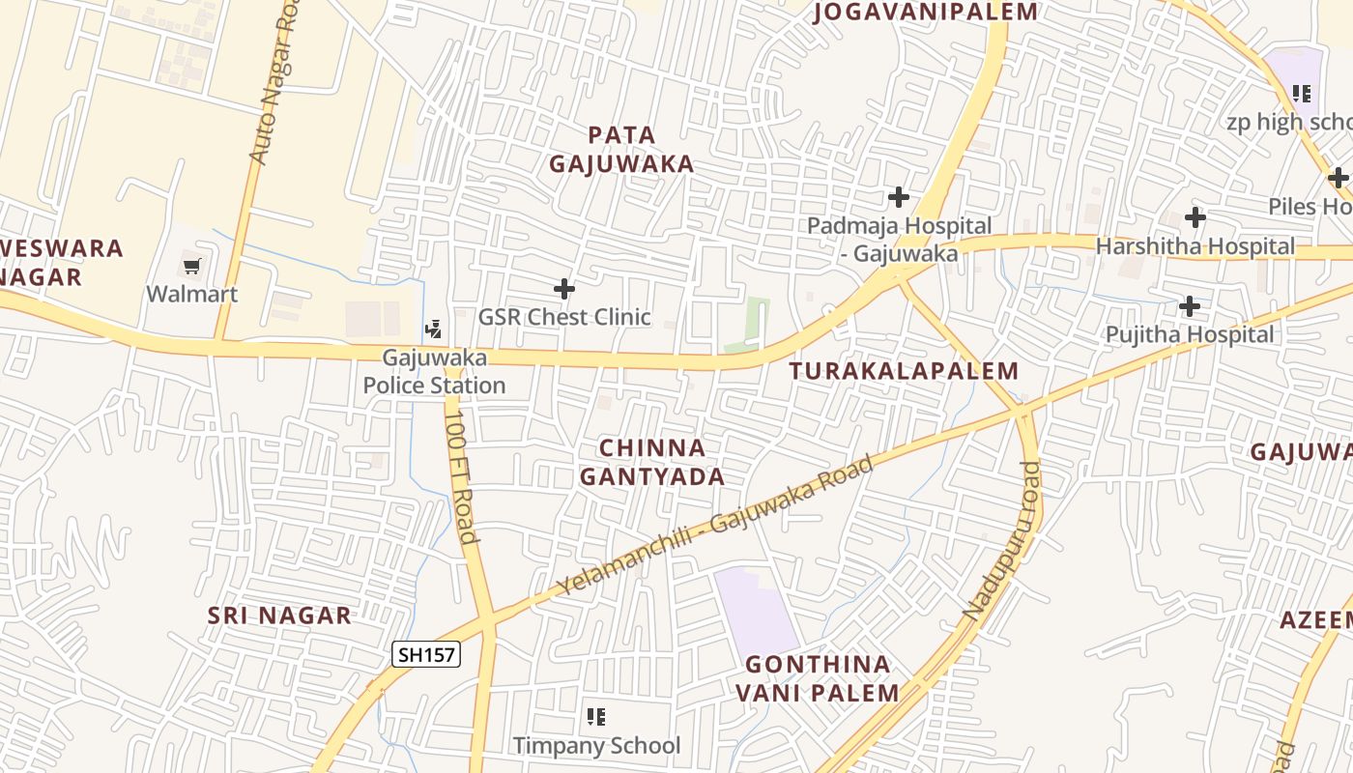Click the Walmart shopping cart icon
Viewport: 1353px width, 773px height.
pos(191,265)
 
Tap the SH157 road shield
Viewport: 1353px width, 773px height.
pos(426,654)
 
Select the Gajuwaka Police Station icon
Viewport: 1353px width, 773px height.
pos(433,329)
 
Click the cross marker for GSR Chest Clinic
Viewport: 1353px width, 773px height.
pos(564,289)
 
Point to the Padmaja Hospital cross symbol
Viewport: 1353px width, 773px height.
pos(899,197)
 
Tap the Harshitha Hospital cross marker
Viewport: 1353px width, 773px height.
pos(1195,217)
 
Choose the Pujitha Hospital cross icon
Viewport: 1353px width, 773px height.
pos(1190,306)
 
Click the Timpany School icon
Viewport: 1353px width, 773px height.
pos(596,717)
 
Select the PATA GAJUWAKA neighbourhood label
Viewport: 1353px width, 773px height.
pos(621,149)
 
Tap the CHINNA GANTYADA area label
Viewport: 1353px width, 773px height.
pos(651,462)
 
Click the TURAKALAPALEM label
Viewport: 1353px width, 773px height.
pos(904,371)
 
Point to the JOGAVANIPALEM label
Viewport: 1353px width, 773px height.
pos(926,13)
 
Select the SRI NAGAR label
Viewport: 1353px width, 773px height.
pos(279,616)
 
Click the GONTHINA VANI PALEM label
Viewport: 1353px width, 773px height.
pos(818,678)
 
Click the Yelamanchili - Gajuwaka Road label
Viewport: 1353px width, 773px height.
pos(715,525)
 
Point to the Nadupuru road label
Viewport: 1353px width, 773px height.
pos(1004,541)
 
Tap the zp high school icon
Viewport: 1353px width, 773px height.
pos(1302,94)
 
